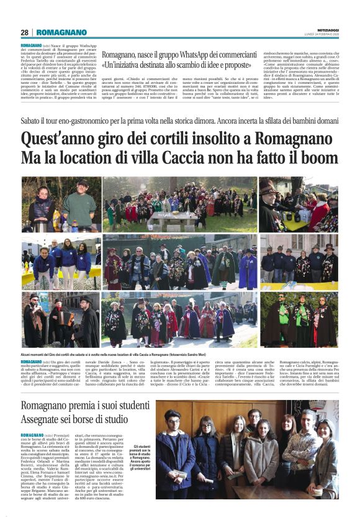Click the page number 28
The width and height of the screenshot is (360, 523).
pyautogui.click(x=24, y=32)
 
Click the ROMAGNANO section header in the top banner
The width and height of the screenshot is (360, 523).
pyautogui.click(x=61, y=32)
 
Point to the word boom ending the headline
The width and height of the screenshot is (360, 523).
pyautogui.click(x=318, y=157)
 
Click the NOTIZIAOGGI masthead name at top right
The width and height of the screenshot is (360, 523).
pyautogui.click(x=325, y=30)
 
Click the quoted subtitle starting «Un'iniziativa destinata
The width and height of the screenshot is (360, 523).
pyautogui.click(x=177, y=65)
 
